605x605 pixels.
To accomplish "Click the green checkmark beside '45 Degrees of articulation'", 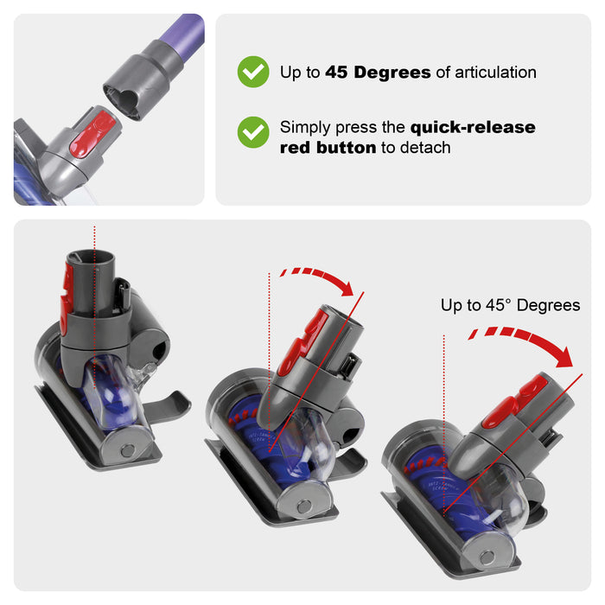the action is click(x=253, y=72).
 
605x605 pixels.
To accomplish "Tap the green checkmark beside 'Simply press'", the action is click(x=253, y=132).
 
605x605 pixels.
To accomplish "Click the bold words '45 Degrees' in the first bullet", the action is click(x=378, y=73).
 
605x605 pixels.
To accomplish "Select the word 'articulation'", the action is click(x=495, y=73).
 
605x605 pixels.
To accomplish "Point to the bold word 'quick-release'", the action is click(x=473, y=127).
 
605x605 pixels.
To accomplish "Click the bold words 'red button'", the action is click(x=328, y=148).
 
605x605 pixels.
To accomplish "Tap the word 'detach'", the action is click(x=425, y=148).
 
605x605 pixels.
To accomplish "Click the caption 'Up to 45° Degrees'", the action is click(x=510, y=305).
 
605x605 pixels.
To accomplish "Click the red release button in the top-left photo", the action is click(x=92, y=133).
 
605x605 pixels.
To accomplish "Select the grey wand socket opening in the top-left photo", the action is click(x=120, y=100).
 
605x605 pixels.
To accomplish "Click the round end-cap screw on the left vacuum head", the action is click(x=127, y=450).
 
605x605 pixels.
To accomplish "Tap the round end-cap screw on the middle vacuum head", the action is click(x=304, y=506).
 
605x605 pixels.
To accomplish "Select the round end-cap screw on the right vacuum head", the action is click(x=487, y=558).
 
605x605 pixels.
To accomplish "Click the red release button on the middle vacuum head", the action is click(x=302, y=343).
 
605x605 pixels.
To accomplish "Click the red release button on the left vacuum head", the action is click(x=67, y=297).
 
